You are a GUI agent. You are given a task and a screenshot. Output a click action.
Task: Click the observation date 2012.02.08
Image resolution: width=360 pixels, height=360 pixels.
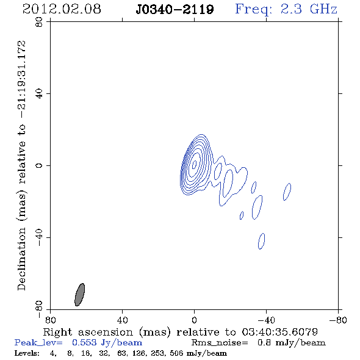pos(62,9)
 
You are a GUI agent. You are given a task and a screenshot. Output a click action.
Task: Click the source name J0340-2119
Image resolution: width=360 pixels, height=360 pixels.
pos(175,10)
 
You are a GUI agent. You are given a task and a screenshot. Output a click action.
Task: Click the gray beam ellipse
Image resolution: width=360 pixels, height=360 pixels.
pos(80,295)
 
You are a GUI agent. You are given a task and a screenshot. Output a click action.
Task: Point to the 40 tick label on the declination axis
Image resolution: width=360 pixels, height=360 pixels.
pos(39,94)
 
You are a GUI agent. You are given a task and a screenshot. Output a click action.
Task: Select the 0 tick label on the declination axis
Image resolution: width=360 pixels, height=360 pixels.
pos(39,165)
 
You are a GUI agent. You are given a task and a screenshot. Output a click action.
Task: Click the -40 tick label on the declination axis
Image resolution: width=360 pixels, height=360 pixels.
pos(39,237)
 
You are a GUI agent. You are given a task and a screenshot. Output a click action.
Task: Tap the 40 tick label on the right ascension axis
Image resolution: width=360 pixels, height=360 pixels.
pos(122,320)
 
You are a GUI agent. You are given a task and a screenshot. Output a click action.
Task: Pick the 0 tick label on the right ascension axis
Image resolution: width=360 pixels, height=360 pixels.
pos(194,320)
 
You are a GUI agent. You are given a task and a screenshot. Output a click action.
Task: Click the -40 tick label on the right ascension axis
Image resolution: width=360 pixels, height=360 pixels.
pos(266,320)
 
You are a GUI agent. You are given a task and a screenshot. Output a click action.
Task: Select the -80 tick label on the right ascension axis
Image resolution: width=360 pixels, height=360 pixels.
pos(338,320)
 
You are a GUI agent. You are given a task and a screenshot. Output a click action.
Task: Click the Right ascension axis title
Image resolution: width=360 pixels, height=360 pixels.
pos(181,332)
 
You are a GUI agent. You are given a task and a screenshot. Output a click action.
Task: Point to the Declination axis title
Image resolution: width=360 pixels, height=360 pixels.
pos(21,165)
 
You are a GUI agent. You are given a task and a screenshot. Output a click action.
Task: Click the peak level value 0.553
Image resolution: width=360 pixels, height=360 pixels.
pos(84,342)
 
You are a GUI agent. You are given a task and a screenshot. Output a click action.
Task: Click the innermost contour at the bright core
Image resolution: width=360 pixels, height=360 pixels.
pos(195,164)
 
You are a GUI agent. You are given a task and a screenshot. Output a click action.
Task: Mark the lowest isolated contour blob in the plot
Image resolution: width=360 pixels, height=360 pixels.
pos(261,241)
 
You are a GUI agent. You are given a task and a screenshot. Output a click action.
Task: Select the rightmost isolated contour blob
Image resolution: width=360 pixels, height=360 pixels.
pos(287,192)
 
